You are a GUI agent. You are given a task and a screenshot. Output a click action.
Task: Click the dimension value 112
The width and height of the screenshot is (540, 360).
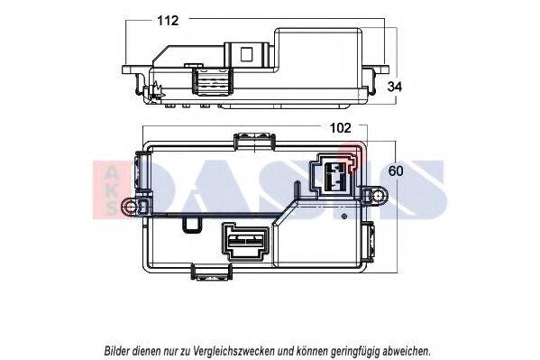tap(168, 21)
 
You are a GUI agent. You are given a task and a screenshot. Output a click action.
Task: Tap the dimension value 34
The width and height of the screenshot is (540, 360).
tap(395, 87)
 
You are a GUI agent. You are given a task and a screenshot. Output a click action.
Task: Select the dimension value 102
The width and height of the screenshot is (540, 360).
tap(341, 128)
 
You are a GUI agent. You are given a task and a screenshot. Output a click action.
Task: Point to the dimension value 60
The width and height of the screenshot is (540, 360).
tap(396, 171)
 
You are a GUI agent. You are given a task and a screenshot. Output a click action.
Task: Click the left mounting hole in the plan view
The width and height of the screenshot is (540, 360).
tap(130, 207)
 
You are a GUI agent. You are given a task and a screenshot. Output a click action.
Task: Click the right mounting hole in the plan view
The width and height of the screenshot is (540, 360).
tap(379, 196)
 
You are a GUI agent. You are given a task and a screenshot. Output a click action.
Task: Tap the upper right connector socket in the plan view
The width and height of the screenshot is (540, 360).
tap(334, 176)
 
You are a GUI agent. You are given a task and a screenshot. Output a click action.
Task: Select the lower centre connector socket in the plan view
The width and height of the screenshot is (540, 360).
tap(245, 241)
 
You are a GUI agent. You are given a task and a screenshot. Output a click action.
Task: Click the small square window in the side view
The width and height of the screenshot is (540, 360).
tap(246, 54)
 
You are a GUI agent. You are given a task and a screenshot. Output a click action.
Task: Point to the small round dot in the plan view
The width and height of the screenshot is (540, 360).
tap(343, 217)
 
